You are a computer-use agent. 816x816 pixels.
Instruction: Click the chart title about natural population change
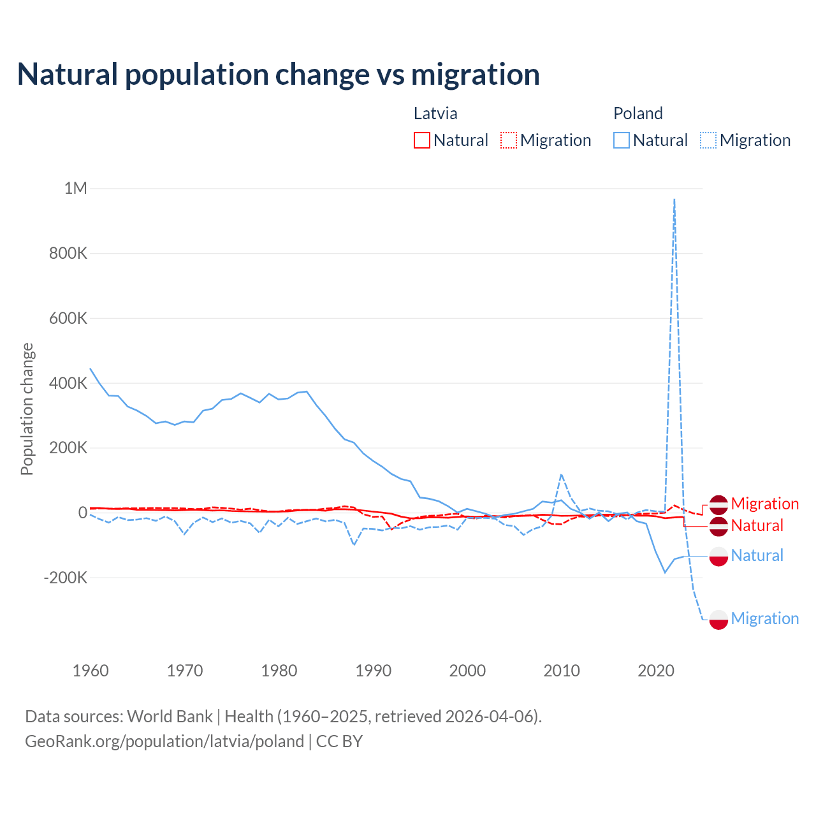tap(278, 75)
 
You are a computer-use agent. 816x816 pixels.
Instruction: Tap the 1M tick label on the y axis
tap(75, 188)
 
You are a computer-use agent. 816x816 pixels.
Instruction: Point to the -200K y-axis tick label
tap(65, 578)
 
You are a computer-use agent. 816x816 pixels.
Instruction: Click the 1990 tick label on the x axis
tap(373, 671)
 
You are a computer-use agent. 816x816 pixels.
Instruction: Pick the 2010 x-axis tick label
tap(562, 671)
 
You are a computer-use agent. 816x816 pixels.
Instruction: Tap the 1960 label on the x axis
tap(91, 671)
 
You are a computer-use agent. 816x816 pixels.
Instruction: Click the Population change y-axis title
tap(27, 409)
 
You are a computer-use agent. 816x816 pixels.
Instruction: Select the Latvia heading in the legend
tap(435, 113)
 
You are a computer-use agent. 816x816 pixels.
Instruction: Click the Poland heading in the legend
tap(637, 113)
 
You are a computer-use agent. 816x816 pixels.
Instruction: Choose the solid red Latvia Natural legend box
tap(422, 140)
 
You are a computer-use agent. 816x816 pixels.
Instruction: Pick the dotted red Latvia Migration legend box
tap(509, 140)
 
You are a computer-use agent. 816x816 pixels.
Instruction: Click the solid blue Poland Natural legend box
tap(622, 140)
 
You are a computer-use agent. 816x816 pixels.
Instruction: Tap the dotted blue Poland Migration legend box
tap(708, 140)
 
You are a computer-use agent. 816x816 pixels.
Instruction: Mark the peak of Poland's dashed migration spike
tap(674, 200)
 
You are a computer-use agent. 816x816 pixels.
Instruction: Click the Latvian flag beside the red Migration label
tap(718, 504)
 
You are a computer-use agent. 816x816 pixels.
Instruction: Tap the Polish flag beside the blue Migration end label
tap(718, 619)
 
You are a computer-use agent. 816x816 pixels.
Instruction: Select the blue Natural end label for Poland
tap(757, 555)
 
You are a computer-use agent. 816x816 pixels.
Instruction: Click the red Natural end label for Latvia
tap(757, 525)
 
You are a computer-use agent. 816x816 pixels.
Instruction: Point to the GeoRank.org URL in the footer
tap(164, 741)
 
